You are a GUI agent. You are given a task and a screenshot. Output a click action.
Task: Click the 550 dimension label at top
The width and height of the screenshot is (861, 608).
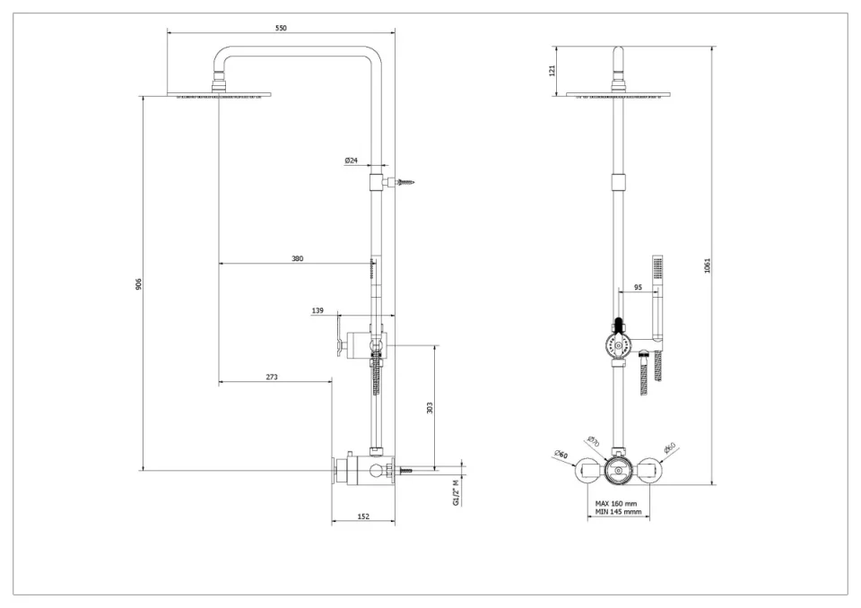(281, 29)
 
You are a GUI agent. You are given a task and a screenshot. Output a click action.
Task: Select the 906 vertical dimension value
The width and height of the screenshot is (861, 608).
(139, 283)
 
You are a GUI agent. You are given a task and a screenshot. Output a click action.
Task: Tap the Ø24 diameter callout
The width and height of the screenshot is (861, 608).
(351, 161)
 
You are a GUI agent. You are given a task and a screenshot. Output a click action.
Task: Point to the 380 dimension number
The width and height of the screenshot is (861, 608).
(297, 258)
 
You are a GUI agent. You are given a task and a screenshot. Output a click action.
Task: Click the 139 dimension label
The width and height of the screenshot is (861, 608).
(317, 310)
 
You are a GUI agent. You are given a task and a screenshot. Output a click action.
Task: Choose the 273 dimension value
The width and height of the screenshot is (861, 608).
(272, 377)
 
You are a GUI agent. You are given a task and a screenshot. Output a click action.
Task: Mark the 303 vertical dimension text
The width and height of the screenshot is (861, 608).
(430, 407)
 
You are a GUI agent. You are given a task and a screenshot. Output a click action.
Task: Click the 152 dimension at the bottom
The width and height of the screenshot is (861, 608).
(363, 516)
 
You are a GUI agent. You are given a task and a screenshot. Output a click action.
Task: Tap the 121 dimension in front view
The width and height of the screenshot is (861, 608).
(552, 69)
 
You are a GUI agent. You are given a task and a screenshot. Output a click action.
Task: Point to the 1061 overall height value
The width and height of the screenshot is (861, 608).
(708, 265)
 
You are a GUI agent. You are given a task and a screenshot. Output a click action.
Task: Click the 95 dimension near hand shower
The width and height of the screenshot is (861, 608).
(638, 288)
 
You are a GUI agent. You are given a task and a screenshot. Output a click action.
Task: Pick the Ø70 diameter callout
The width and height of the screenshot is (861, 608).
(593, 441)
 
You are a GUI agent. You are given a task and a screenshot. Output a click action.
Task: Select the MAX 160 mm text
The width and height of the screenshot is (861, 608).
(618, 504)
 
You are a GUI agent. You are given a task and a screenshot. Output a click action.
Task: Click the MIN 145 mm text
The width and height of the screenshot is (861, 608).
(618, 513)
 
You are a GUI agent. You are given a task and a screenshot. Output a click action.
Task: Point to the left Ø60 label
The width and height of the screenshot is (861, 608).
(561, 455)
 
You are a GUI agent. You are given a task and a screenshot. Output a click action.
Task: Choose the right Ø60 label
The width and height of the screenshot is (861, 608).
(669, 448)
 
